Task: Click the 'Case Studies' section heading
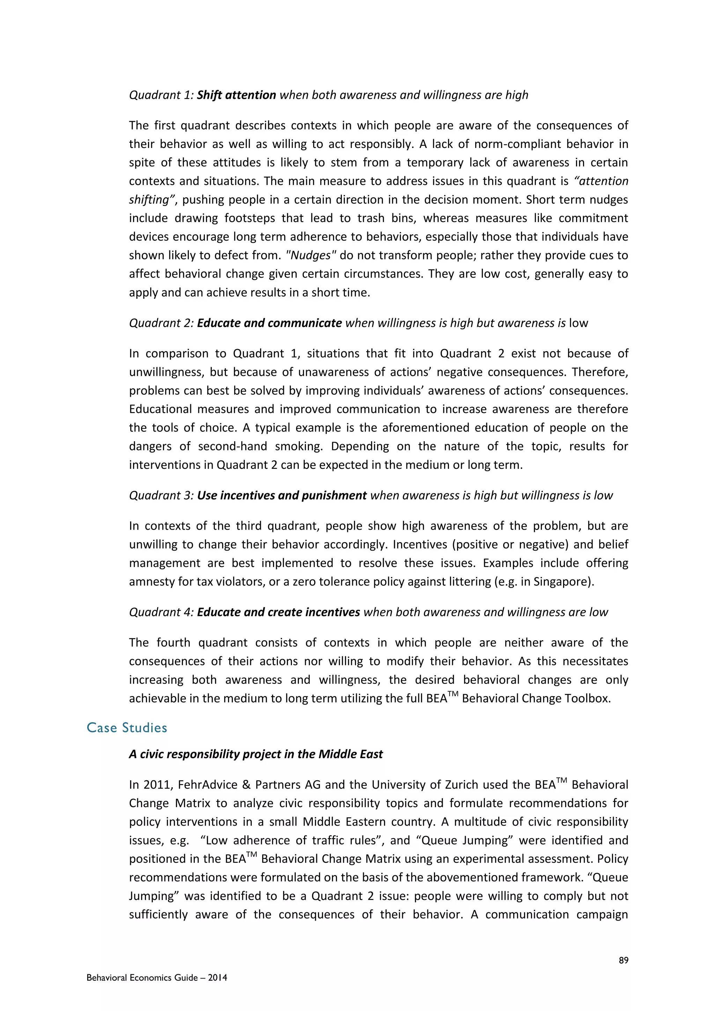[x=127, y=728]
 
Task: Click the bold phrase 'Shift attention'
[x=236, y=95]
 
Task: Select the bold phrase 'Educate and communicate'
[x=269, y=323]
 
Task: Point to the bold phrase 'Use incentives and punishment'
[x=281, y=495]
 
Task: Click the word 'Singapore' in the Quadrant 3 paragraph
[x=562, y=582]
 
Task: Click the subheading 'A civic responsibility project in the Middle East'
[x=256, y=754]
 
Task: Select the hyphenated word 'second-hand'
[x=233, y=447]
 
